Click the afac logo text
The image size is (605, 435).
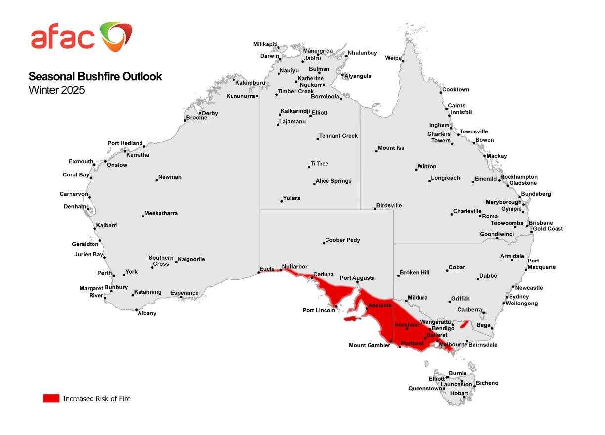[62, 38]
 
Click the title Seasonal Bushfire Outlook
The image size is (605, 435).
[95, 77]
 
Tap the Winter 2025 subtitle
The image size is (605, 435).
[56, 90]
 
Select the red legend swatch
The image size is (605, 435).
[51, 398]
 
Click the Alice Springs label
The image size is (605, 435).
[334, 181]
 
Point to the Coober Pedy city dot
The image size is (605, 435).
[324, 243]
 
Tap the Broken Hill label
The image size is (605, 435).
[415, 273]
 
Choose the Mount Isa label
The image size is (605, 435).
[391, 148]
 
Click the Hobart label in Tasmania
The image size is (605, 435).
[459, 393]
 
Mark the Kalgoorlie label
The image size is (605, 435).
[191, 259]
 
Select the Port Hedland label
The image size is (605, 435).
[125, 143]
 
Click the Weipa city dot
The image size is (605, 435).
[403, 61]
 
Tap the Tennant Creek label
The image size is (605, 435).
[338, 136]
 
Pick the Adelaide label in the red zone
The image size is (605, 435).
[380, 306]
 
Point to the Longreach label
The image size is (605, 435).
[445, 178]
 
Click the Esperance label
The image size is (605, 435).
[184, 293]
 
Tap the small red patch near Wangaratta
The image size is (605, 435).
[464, 324]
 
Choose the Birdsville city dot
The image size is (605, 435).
[375, 209]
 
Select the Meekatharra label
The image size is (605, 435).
[161, 213]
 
